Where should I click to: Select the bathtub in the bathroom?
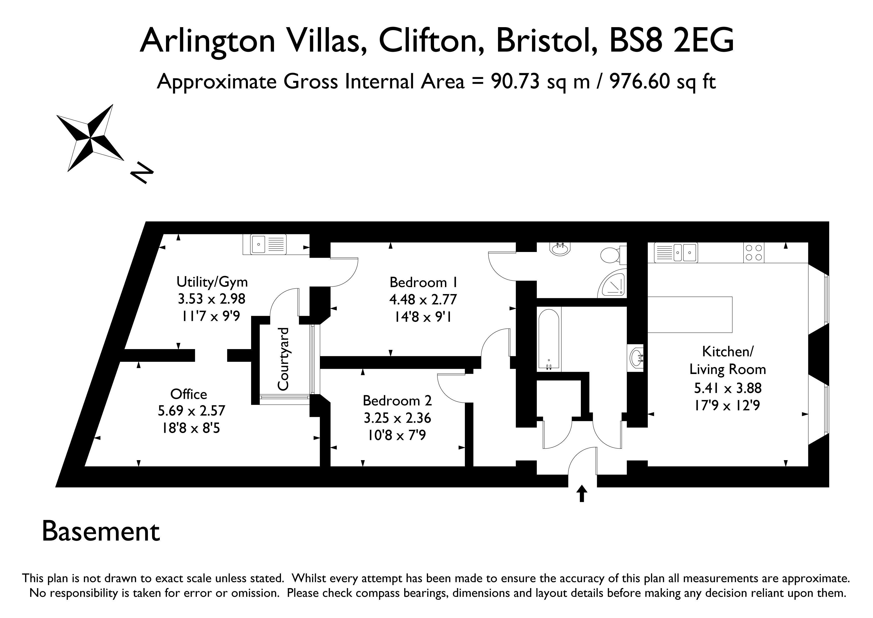(x=548, y=339)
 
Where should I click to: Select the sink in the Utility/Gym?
(x=265, y=244)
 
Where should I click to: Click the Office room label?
(x=189, y=394)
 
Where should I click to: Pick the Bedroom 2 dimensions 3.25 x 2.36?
(x=397, y=418)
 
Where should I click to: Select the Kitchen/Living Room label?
(x=727, y=360)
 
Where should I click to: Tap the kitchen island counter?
(x=690, y=314)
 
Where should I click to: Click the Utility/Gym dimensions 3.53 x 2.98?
(x=212, y=299)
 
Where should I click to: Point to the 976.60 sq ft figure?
(x=663, y=81)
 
